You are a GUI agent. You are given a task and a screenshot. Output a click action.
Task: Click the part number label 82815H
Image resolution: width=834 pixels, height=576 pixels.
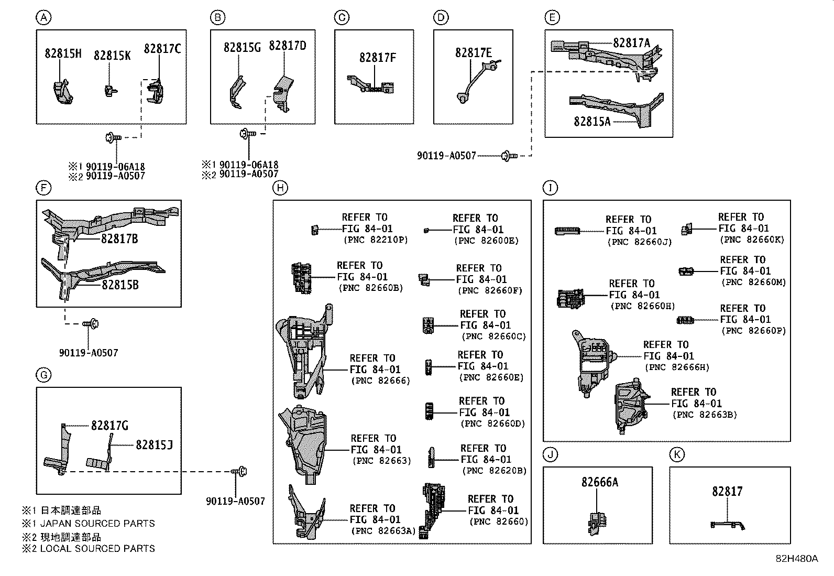click(x=62, y=53)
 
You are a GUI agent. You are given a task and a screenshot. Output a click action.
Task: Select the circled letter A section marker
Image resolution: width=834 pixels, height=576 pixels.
click(x=43, y=18)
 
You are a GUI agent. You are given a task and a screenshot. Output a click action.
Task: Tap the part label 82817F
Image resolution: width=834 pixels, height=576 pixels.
click(x=377, y=58)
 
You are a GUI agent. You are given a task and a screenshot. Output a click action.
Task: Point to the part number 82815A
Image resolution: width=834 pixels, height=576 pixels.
click(x=592, y=122)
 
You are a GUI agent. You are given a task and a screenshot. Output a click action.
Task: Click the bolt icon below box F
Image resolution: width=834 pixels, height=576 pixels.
click(x=92, y=324)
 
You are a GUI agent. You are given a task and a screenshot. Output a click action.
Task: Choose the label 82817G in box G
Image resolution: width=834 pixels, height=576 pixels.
click(x=109, y=426)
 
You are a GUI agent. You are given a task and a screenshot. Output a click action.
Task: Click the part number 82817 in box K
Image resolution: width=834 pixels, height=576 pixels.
click(x=727, y=492)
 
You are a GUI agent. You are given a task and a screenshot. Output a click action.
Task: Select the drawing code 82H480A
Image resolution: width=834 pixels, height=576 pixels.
click(x=796, y=559)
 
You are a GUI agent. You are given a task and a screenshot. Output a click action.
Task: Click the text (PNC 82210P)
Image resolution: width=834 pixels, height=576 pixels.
click(x=376, y=241)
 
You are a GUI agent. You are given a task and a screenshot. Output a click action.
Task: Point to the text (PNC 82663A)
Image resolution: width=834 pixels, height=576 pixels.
click(x=383, y=531)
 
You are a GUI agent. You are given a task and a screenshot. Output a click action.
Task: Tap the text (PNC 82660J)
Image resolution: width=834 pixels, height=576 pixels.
click(x=639, y=242)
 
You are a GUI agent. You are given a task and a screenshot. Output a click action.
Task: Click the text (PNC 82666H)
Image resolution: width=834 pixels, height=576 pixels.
click(x=677, y=367)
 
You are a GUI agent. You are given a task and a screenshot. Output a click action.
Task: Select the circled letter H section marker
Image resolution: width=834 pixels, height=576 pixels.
click(x=281, y=188)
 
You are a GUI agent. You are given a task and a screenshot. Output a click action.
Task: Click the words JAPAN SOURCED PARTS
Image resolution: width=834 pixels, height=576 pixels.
click(x=97, y=524)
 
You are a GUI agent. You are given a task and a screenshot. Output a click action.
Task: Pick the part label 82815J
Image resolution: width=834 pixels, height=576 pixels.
click(x=154, y=445)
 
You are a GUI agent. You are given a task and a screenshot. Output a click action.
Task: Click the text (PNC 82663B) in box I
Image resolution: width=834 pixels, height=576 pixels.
click(x=705, y=415)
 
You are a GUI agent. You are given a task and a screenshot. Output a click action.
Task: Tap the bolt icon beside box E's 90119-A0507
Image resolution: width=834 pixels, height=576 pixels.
click(x=508, y=156)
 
